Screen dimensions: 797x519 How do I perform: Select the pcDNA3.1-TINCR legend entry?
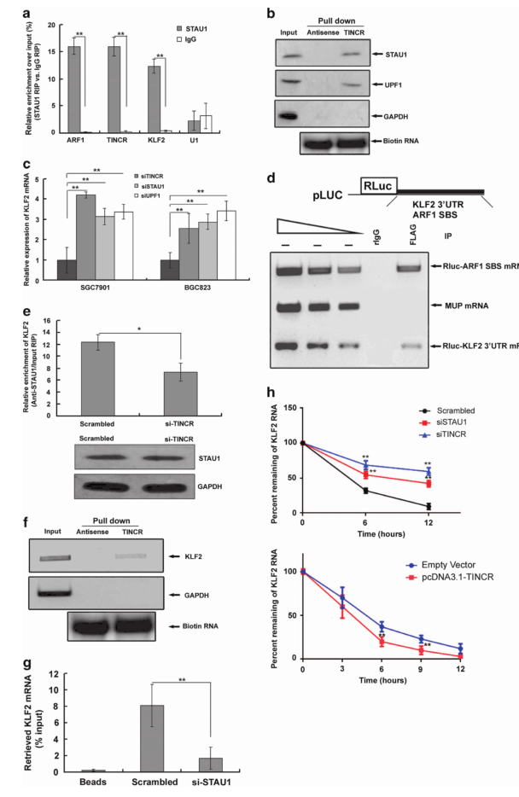462,578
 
